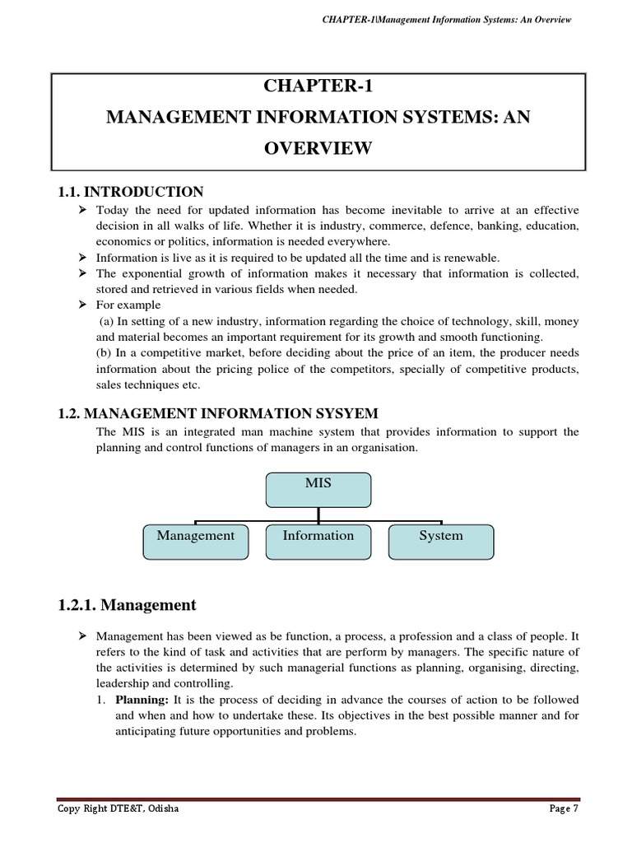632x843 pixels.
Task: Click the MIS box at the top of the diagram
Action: point(318,488)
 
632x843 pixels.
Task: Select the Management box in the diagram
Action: point(195,541)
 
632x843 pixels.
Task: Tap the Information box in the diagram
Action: point(318,541)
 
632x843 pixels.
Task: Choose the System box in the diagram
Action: point(440,541)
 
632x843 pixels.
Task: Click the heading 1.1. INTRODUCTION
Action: point(130,192)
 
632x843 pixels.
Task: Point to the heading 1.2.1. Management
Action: point(127,605)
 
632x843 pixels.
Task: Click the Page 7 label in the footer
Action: point(564,810)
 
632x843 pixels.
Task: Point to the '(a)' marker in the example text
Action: point(105,320)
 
